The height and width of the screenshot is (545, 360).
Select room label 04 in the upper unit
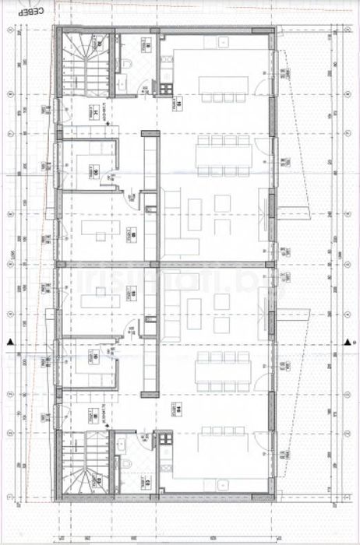point(178,103)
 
